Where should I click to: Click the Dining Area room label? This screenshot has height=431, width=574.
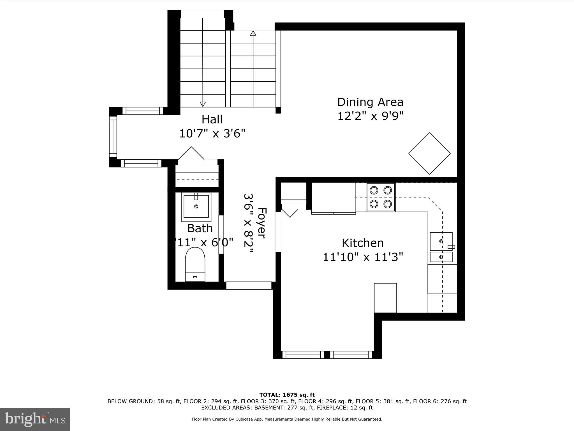[370, 102]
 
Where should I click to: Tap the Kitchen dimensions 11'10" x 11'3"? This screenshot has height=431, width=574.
[363, 257]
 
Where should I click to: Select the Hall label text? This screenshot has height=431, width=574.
[212, 119]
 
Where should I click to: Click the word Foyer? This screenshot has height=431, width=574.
[261, 223]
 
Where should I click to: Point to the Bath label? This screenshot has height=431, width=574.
[200, 228]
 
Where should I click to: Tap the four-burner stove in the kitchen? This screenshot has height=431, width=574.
[381, 197]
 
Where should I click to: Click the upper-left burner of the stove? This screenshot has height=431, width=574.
[374, 190]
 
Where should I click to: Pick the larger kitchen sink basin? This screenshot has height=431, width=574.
[441, 241]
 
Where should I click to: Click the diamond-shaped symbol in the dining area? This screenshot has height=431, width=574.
[429, 153]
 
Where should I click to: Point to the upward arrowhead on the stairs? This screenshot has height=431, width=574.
[253, 33]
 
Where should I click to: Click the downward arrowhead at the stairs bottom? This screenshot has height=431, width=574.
[203, 104]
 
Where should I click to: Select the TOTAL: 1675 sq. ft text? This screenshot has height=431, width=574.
[287, 395]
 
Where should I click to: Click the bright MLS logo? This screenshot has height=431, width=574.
[35, 419]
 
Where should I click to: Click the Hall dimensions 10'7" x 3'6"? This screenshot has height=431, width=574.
[212, 134]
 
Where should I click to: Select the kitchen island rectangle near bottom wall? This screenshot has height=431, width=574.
[385, 298]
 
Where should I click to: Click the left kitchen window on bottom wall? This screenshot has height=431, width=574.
[303, 355]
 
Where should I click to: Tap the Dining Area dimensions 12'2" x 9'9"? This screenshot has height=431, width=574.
[370, 116]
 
